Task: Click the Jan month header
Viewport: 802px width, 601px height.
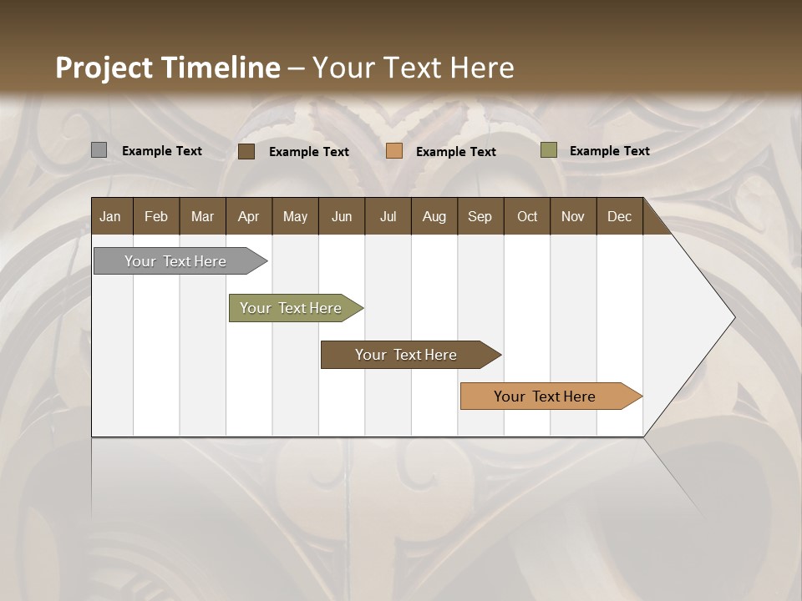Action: pyautogui.click(x=110, y=216)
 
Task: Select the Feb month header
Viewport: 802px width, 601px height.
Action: pyautogui.click(x=156, y=216)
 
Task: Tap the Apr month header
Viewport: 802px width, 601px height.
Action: pyautogui.click(x=248, y=216)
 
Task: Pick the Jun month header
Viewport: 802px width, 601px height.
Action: pyautogui.click(x=342, y=216)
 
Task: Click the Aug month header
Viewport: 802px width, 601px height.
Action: pyautogui.click(x=434, y=216)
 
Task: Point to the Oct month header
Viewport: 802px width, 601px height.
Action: pyautogui.click(x=527, y=216)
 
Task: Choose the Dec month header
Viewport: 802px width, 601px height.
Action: pyautogui.click(x=619, y=216)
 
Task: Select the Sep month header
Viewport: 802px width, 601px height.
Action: pyautogui.click(x=480, y=216)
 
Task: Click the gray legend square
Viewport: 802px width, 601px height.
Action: pyautogui.click(x=99, y=150)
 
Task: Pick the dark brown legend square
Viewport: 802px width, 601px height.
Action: pyautogui.click(x=246, y=151)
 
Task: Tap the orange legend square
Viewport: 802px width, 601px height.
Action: pyautogui.click(x=394, y=151)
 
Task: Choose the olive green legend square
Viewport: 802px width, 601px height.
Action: pyautogui.click(x=548, y=150)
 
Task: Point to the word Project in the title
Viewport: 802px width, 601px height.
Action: pyautogui.click(x=104, y=68)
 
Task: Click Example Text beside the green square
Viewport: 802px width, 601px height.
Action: pyautogui.click(x=609, y=151)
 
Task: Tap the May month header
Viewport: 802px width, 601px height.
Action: pyautogui.click(x=295, y=216)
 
